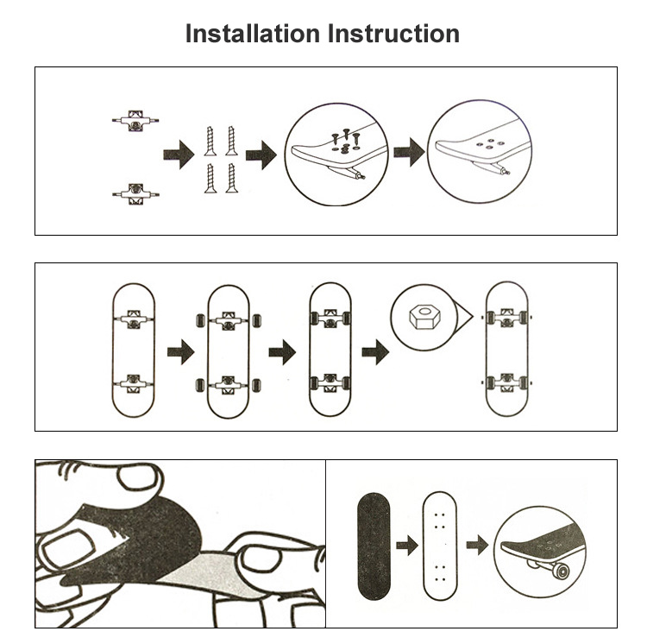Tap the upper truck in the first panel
(134, 120)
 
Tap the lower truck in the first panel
(134, 191)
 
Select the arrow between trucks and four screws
(178, 156)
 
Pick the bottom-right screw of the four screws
(230, 178)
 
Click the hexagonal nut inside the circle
(420, 318)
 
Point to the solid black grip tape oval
(373, 546)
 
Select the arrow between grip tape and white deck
(405, 546)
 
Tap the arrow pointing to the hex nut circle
(374, 351)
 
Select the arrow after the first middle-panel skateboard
(180, 353)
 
